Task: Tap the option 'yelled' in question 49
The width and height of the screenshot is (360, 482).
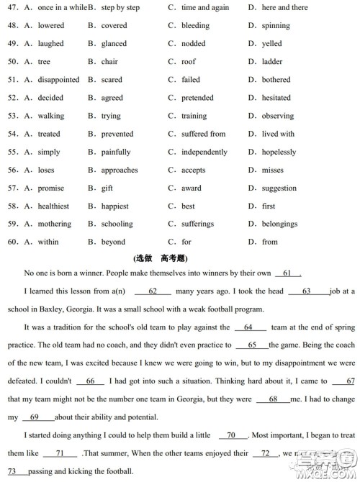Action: tap(272, 44)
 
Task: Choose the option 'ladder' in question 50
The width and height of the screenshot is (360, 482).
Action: tap(272, 62)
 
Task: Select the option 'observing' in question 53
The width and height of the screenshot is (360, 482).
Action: tap(277, 116)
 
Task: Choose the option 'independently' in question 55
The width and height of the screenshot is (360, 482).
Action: tap(204, 153)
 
